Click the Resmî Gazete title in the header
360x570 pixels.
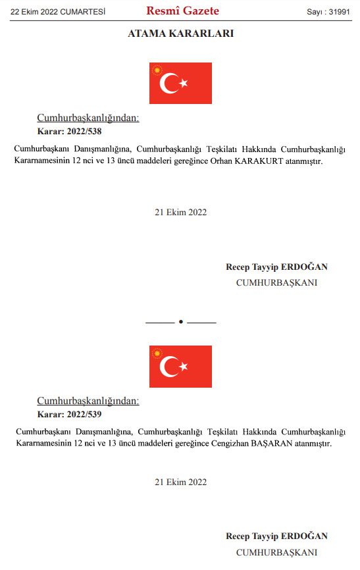click(182, 11)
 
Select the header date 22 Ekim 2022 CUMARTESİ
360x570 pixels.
click(58, 12)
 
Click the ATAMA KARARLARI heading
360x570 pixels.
click(180, 34)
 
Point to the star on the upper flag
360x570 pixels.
click(184, 83)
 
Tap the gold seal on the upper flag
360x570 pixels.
click(157, 70)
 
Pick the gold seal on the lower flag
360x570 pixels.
click(157, 353)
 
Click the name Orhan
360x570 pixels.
click(239, 161)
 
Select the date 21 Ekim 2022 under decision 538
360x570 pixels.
click(180, 212)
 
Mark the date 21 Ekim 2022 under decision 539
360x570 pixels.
click(180, 482)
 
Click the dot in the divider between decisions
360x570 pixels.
click(180, 322)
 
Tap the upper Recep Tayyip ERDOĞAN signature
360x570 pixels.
click(276, 267)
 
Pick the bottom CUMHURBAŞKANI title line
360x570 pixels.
click(276, 552)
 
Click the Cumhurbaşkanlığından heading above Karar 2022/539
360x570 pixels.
click(88, 401)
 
